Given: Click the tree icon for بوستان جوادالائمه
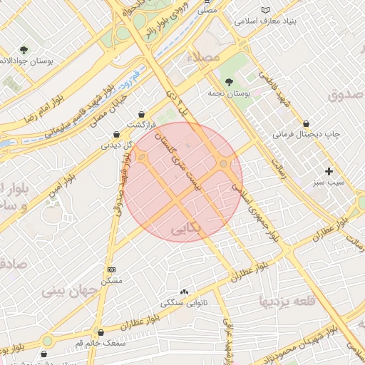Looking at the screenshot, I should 24,50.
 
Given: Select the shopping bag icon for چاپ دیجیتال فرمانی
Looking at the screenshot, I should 306,123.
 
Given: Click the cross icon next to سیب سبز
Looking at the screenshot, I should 329,171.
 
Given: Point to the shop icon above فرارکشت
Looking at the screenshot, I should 142,114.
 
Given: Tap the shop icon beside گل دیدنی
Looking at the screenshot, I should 116,134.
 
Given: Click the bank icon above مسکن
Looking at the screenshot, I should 111,270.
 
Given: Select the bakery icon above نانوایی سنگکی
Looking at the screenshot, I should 185,292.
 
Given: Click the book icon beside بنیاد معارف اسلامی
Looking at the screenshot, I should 266,10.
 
